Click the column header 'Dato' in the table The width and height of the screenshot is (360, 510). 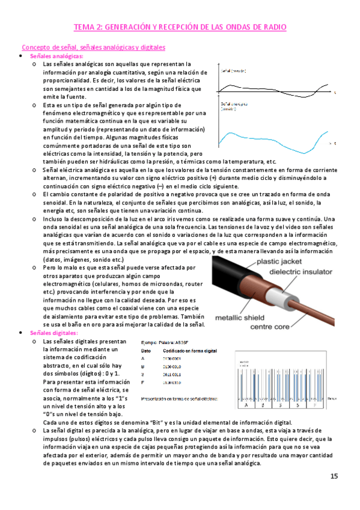click(145, 349)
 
